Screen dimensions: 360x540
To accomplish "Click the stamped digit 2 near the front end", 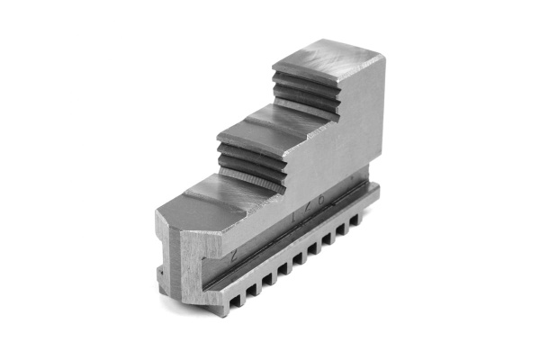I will (x=233, y=256).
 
